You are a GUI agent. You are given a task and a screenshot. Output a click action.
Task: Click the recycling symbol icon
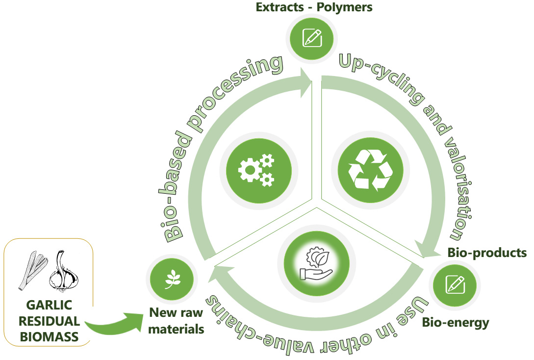click(x=370, y=170)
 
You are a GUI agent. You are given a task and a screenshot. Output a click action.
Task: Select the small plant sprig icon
click(x=172, y=280)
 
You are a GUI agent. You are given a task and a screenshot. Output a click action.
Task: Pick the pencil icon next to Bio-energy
click(x=455, y=284)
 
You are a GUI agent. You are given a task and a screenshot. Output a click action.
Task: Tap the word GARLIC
click(x=48, y=306)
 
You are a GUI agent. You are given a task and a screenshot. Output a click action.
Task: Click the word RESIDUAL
click(x=47, y=321)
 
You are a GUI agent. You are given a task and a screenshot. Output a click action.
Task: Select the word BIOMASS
click(x=47, y=337)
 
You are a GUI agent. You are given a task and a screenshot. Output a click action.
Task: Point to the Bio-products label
click(x=487, y=253)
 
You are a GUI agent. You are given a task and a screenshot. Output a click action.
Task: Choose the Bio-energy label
click(x=456, y=322)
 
